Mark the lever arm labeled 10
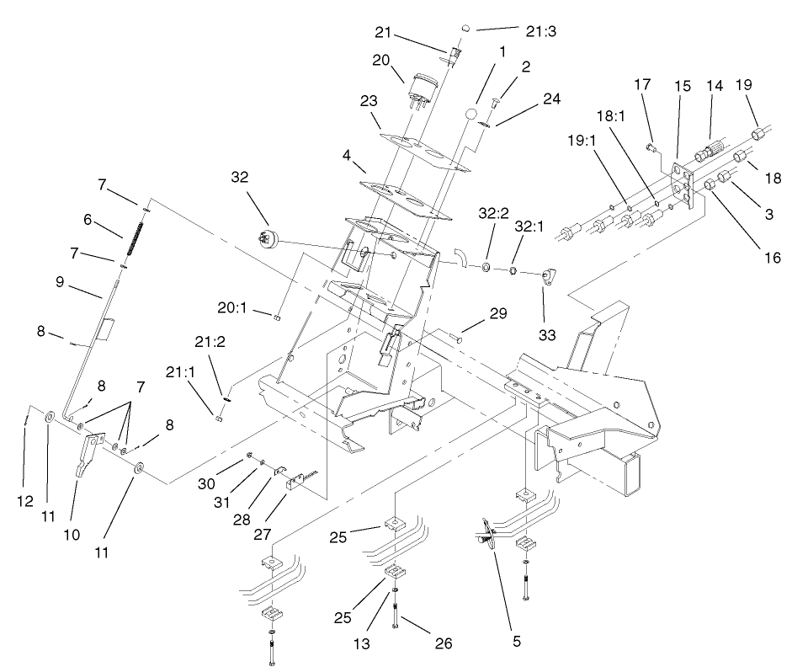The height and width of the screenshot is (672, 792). point(87,456)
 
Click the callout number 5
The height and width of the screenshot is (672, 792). point(516,641)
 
